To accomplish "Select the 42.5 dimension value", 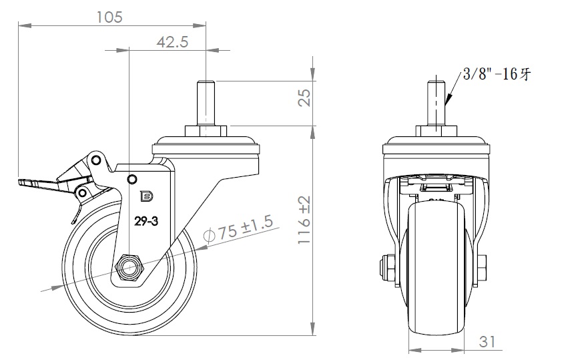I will (172, 41).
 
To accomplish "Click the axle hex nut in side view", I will (129, 268).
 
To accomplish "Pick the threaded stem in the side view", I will (206, 100).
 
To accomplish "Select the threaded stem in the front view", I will (436, 100).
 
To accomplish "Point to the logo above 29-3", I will (145, 196).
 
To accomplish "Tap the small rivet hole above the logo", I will (132, 178).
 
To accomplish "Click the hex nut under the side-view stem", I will (206, 130).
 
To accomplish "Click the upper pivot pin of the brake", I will (97, 160).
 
